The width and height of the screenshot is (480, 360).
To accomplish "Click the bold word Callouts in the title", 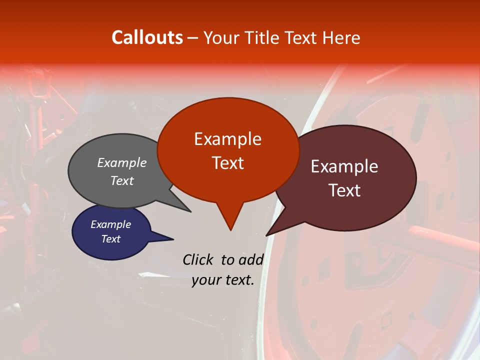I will click(147, 37).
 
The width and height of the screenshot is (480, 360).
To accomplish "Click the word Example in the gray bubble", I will click(122, 162).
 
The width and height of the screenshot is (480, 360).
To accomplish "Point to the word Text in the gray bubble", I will click(122, 180).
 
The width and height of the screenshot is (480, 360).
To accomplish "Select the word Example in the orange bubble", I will click(227, 139).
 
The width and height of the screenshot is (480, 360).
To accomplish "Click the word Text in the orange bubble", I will click(228, 163).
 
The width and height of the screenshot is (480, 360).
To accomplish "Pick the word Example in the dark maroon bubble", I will click(344, 166).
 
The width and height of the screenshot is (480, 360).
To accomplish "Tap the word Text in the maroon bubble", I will click(345, 190).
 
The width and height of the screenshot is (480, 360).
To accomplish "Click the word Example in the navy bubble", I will click(111, 224).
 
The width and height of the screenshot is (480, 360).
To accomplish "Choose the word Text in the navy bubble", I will click(111, 239).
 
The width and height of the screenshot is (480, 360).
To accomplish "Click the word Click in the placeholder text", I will click(199, 259).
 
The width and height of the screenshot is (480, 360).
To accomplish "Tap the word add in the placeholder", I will click(251, 259).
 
